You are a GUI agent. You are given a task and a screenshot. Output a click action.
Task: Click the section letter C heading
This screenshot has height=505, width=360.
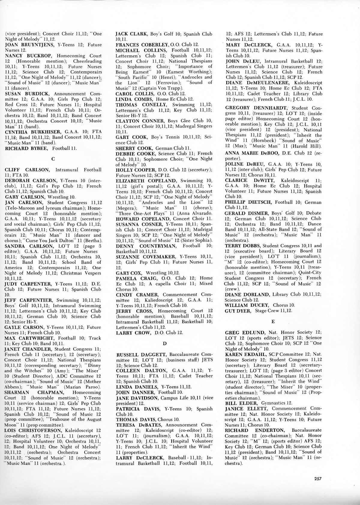tap(53, 159)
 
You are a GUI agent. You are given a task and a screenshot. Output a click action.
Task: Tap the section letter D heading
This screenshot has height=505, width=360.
tap(164, 343)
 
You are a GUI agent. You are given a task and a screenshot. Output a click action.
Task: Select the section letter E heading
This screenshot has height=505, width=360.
tap(273, 321)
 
